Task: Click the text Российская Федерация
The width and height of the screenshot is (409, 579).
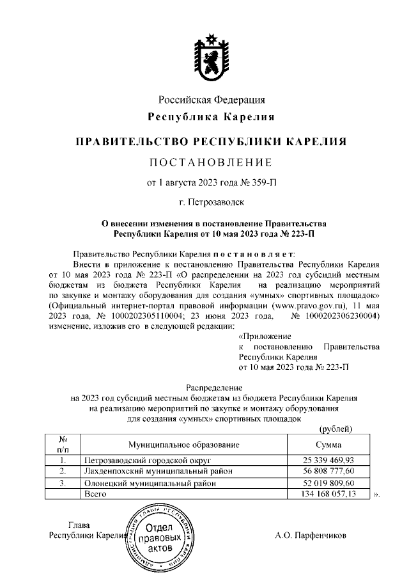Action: pyautogui.click(x=212, y=100)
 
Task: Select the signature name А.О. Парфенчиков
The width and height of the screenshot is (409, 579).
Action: pyautogui.click(x=310, y=535)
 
